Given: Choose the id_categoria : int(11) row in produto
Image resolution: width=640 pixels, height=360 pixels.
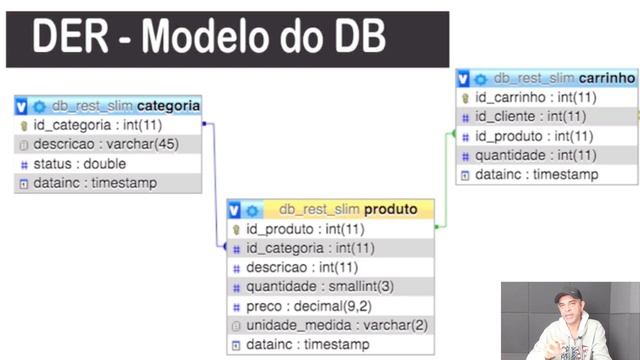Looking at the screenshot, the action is point(310,248).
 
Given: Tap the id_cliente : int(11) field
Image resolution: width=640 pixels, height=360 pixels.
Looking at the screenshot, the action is point(530,117).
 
